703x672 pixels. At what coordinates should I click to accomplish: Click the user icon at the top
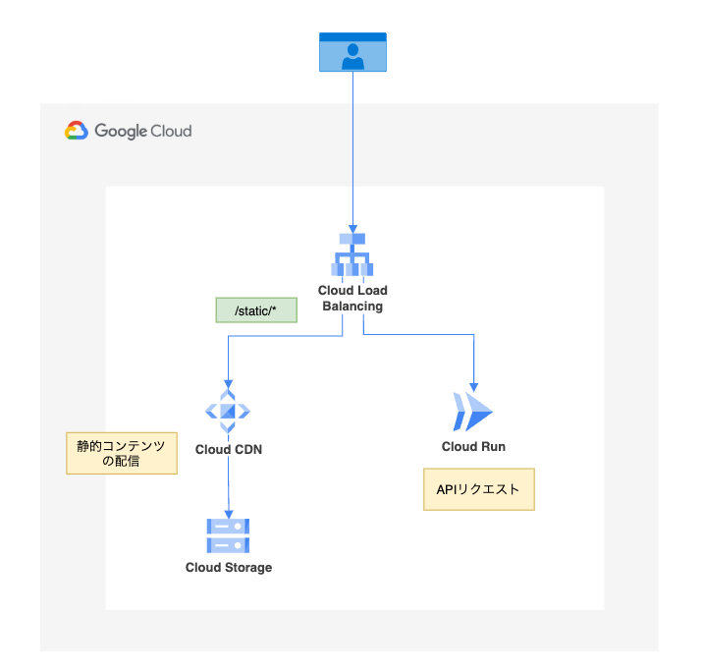click(352, 52)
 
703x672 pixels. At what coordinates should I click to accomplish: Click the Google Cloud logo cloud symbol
click(77, 132)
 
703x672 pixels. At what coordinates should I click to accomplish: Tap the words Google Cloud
click(143, 132)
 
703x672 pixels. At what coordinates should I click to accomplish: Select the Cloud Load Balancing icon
click(352, 256)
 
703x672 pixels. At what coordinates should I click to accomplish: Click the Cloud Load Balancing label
click(352, 298)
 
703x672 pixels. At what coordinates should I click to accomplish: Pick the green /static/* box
click(255, 310)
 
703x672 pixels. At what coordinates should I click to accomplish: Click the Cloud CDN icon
click(228, 412)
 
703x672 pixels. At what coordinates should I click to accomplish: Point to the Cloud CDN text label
click(229, 450)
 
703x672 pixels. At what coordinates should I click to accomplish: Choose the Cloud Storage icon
click(229, 536)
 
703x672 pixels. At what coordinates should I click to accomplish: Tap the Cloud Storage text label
click(229, 568)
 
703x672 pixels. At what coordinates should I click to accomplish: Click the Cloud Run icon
click(473, 412)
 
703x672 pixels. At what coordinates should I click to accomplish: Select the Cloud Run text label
click(473, 447)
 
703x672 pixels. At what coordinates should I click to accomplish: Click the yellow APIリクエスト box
click(478, 488)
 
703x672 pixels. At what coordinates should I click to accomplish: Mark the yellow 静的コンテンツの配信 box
click(121, 453)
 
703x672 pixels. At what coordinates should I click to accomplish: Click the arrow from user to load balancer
click(352, 147)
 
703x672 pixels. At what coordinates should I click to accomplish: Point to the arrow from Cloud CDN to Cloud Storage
click(229, 486)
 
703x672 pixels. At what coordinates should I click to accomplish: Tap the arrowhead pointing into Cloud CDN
click(228, 384)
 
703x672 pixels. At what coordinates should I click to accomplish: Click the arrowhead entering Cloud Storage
click(229, 512)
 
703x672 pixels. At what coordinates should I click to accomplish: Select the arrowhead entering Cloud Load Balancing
click(352, 227)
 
